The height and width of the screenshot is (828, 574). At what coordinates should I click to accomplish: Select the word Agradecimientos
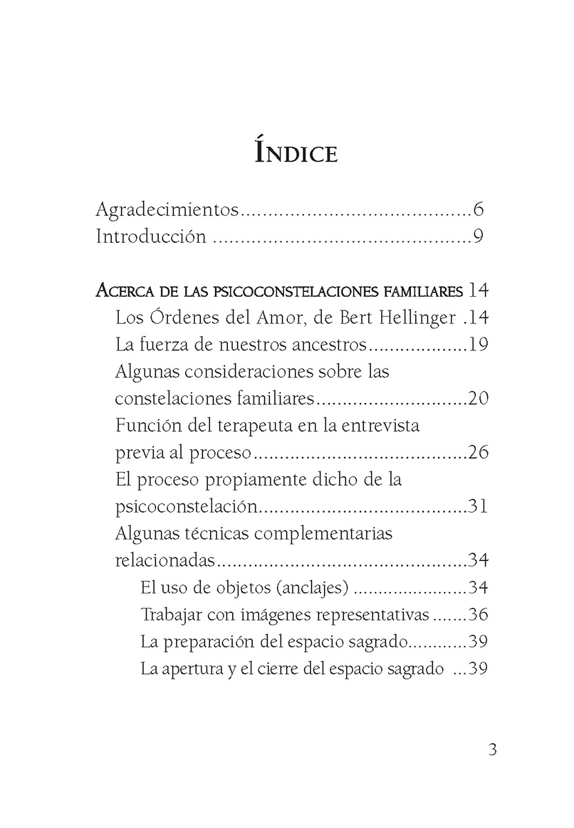point(167,210)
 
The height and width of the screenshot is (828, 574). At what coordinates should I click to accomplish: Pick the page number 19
point(478,344)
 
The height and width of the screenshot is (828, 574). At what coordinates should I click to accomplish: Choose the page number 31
point(478,506)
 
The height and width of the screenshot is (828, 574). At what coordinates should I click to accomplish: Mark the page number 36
point(478,614)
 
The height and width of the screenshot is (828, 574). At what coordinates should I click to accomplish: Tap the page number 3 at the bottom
point(492,750)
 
